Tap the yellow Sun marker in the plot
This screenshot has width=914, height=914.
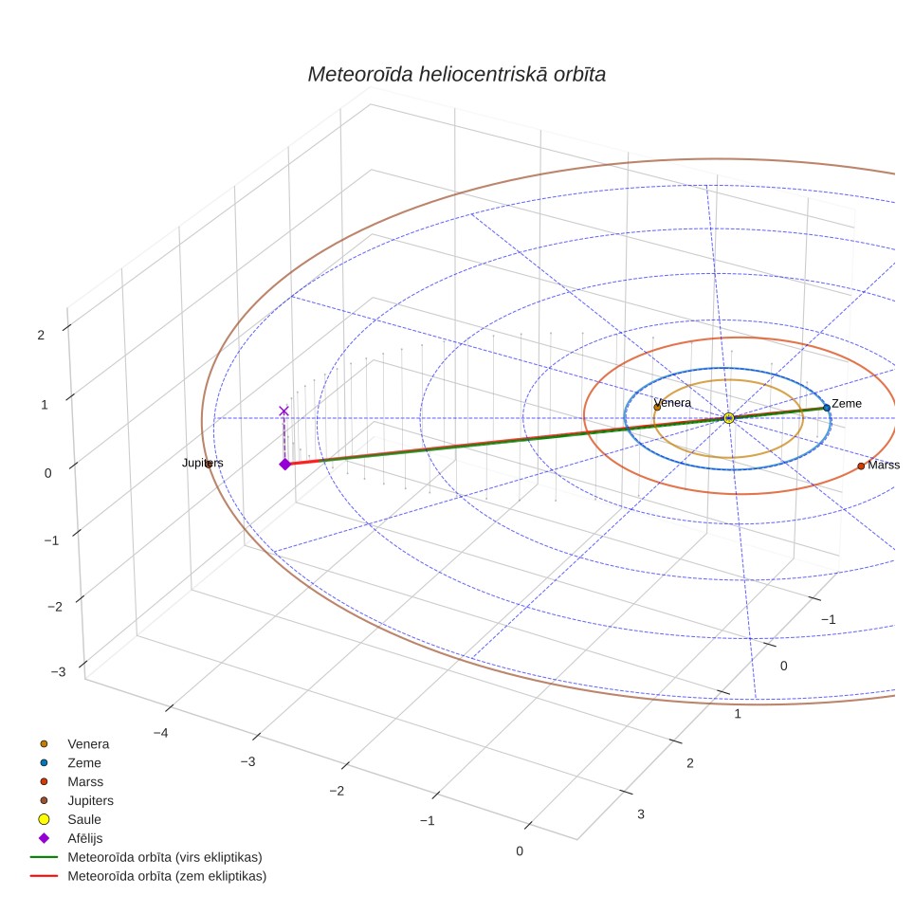(x=728, y=418)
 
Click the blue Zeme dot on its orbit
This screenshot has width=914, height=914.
(x=827, y=408)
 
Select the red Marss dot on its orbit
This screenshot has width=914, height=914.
(x=861, y=466)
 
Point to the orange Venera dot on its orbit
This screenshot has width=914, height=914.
(x=657, y=407)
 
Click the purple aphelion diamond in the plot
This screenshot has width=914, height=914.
(x=285, y=464)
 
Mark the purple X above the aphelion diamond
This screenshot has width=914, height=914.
(x=283, y=411)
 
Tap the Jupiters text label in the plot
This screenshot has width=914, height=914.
(x=202, y=463)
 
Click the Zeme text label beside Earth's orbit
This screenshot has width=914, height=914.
(x=847, y=403)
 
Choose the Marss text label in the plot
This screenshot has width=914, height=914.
(x=884, y=465)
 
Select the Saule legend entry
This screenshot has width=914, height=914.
(x=84, y=819)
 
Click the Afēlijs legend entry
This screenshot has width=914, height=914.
(x=85, y=838)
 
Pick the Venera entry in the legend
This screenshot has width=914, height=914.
(x=88, y=743)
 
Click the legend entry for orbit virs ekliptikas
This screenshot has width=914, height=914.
(x=165, y=857)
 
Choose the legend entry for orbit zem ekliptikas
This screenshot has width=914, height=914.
(x=167, y=876)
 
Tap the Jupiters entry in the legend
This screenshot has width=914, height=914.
(x=90, y=800)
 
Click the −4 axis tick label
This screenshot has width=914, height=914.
(x=160, y=733)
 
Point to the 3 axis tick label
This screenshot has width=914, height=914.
(x=641, y=814)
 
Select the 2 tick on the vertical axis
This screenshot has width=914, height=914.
(x=41, y=336)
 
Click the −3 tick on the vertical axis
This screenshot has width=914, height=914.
(x=58, y=671)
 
